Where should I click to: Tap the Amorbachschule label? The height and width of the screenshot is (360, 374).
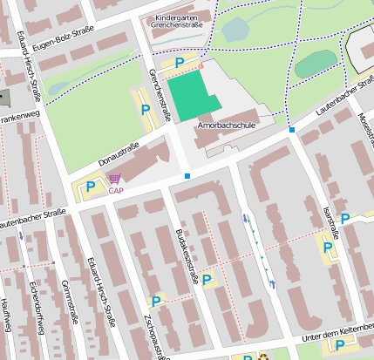point(226,126)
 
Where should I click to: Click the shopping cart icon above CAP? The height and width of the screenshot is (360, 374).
point(115,179)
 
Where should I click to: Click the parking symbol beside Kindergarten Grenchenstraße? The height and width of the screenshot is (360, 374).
point(180,63)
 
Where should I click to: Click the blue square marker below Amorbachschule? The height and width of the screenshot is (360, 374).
point(187,177)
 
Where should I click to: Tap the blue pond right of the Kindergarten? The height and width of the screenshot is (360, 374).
point(235,31)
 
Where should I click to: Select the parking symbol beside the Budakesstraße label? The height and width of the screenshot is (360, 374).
point(207,280)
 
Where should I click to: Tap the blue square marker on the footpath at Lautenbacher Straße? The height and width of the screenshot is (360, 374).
point(292,130)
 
